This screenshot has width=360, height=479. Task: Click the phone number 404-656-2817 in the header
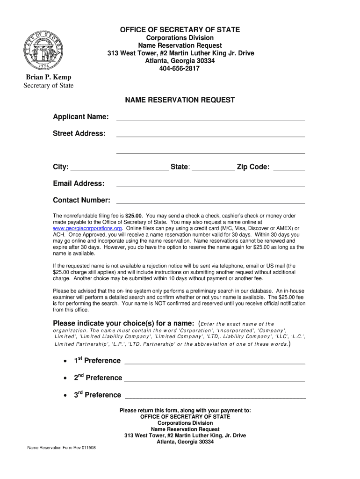point(180,68)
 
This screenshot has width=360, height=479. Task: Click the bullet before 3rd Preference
point(64,396)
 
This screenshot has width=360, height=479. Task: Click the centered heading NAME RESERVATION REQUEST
point(180,100)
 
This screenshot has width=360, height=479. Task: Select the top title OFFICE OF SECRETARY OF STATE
point(180,30)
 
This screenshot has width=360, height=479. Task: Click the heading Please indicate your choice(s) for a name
point(123,323)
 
